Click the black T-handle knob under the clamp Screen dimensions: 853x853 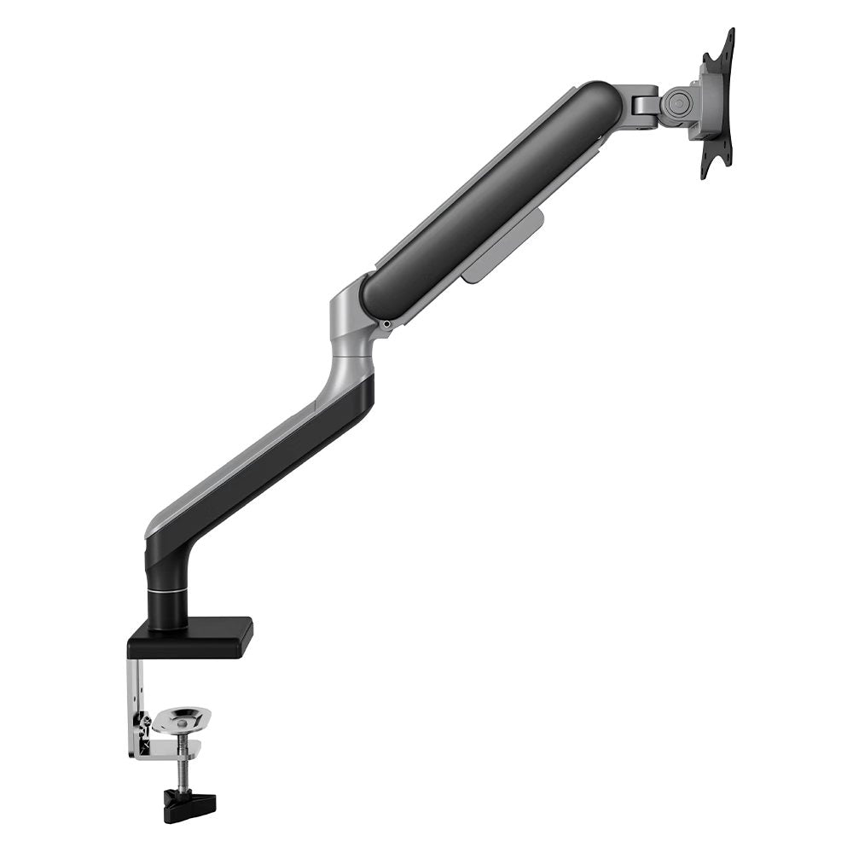coord(190,802)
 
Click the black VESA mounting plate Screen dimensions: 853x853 coord(717,102)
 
